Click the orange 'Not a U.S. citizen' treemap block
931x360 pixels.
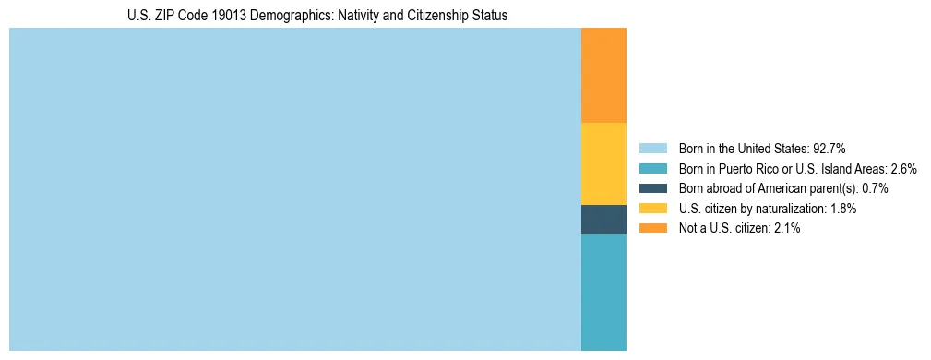[x=603, y=75]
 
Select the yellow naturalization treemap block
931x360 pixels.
[x=603, y=163]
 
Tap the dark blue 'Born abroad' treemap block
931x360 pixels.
[x=603, y=220]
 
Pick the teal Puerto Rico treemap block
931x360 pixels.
[x=603, y=293]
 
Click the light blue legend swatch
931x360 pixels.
[x=652, y=148]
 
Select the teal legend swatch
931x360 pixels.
[x=652, y=168]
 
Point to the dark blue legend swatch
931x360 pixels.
[x=652, y=188]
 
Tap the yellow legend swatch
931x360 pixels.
[x=652, y=209]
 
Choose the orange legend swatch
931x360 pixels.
[x=652, y=228]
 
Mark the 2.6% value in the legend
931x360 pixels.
[x=903, y=168]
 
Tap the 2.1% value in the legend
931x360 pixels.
[x=786, y=228]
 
